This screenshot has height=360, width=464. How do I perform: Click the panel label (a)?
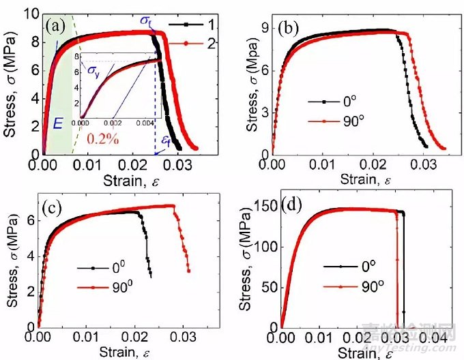(57, 29)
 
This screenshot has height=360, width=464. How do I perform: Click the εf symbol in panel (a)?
(165, 141)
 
